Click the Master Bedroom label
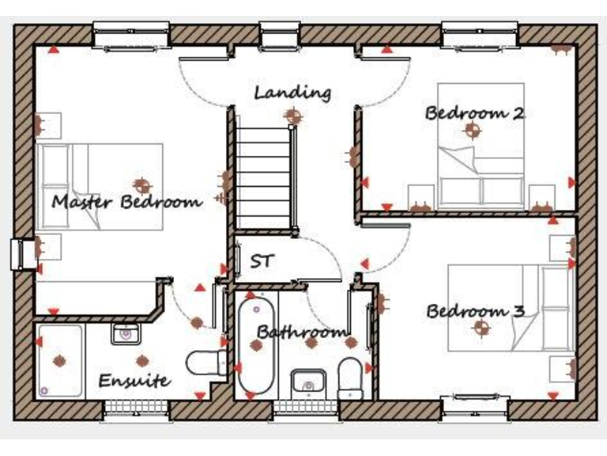tap(126, 202)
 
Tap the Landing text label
tap(292, 93)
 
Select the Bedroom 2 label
tap(474, 112)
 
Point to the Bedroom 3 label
tap(476, 311)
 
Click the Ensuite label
tap(134, 381)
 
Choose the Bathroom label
tap(302, 332)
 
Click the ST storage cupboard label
tap(262, 260)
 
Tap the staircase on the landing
tap(264, 170)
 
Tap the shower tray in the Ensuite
tap(60, 361)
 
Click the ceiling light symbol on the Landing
tap(293, 116)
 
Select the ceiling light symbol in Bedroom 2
tap(473, 131)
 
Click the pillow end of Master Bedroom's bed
tap(55, 187)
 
